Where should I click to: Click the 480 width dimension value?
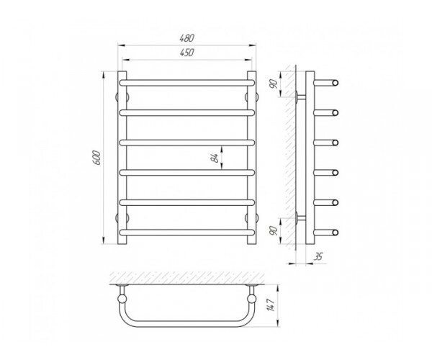coord(187,38)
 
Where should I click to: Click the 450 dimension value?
coord(187,53)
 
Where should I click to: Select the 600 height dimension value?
coord(97,158)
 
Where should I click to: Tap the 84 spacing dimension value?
coord(215,158)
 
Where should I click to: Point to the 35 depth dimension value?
coord(318,257)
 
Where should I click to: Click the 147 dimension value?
coord(271,305)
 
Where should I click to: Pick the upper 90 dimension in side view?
coord(273,84)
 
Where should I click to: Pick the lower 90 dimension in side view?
coord(273,230)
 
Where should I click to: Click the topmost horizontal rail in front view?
coord(186,83)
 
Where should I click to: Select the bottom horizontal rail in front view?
coord(186,233)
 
